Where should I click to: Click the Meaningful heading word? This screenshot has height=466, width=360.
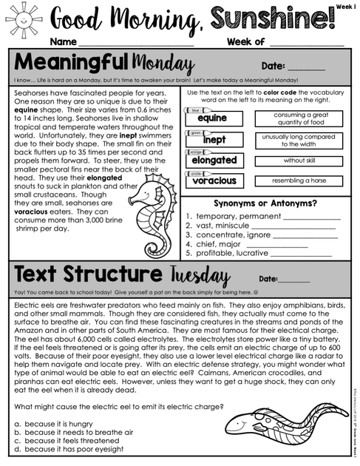click(x=67, y=61)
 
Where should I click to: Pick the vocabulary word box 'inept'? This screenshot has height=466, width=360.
click(x=214, y=140)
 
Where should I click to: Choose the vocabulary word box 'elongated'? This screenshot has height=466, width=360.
click(x=214, y=160)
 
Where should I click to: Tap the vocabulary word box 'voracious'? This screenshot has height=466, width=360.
click(x=214, y=180)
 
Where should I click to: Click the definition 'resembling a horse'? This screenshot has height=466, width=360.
click(x=298, y=180)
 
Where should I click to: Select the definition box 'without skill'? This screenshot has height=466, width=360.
click(x=298, y=161)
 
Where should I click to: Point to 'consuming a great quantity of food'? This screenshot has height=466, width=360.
click(x=298, y=118)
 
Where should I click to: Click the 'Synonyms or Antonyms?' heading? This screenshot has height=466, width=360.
click(x=265, y=203)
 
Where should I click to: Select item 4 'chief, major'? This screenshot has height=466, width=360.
click(x=223, y=243)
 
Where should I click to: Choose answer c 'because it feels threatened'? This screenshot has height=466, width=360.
click(x=71, y=440)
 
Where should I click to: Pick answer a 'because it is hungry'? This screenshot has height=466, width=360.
click(x=59, y=422)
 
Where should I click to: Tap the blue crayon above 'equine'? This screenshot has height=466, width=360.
click(x=195, y=109)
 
